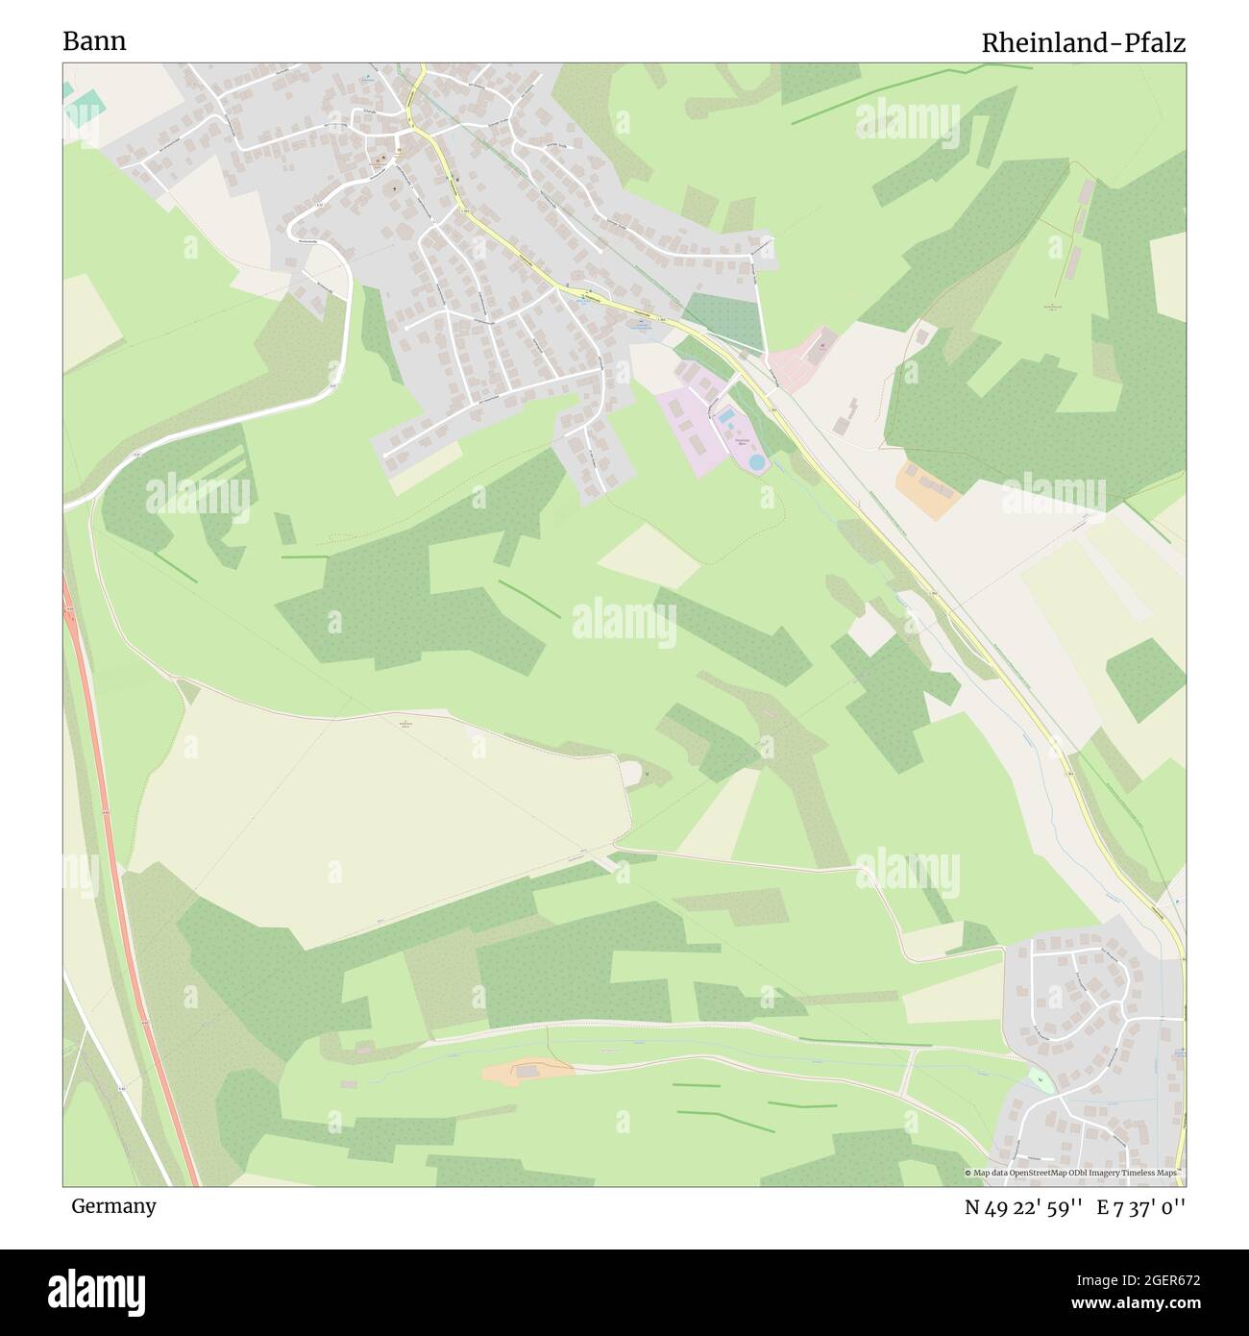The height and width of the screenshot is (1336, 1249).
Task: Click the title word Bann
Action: [x=94, y=41]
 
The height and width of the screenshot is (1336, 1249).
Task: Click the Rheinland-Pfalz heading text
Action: [x=1083, y=43]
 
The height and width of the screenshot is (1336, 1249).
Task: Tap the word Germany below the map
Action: [x=113, y=1205]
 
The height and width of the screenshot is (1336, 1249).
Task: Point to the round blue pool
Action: [x=757, y=462]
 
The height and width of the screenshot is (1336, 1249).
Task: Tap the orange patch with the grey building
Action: [x=527, y=1071]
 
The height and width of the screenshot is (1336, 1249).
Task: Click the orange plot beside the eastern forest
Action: [x=927, y=487]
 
